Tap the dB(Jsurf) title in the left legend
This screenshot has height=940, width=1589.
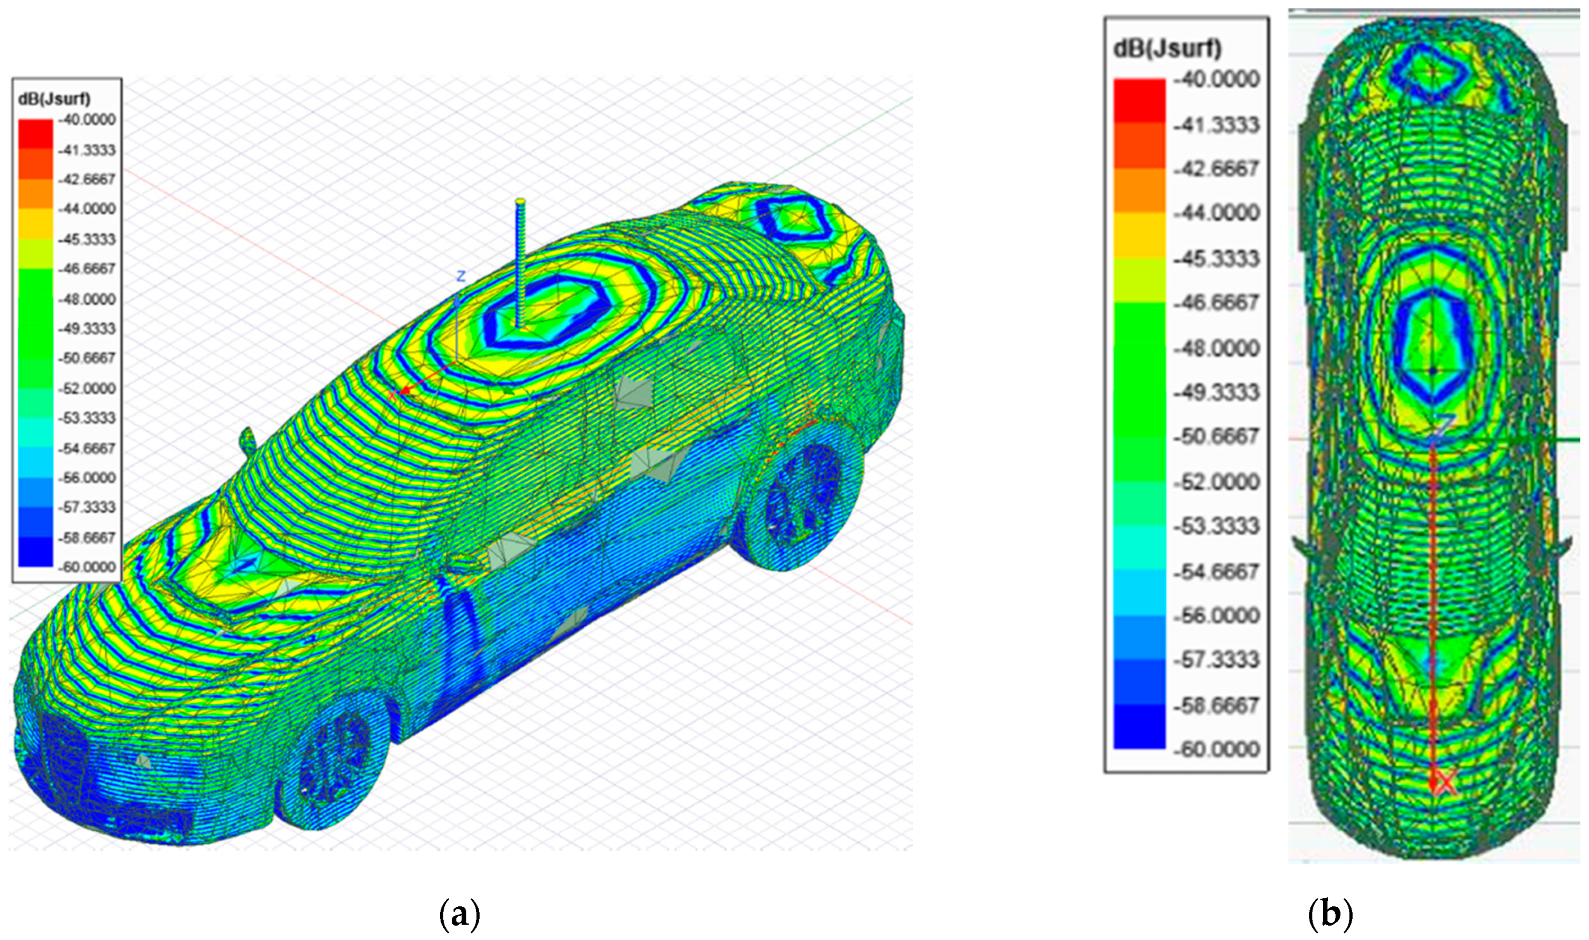click(54, 99)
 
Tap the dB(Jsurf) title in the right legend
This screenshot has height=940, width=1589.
click(1168, 49)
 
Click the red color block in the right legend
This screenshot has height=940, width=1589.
click(1139, 101)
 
